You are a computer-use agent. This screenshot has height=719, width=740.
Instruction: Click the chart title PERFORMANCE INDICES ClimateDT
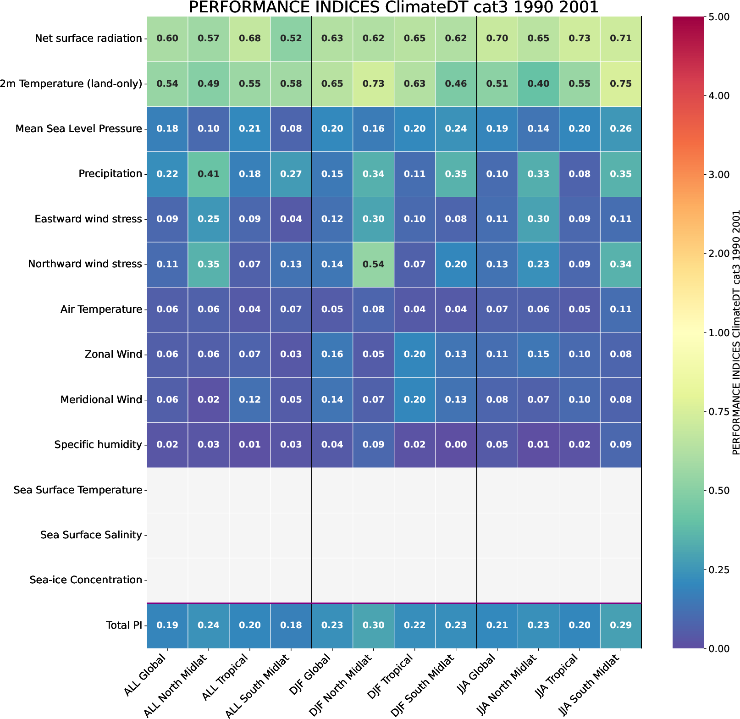[x=393, y=7]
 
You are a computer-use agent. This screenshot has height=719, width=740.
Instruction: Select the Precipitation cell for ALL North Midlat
[x=208, y=174]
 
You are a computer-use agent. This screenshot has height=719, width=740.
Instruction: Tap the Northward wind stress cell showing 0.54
[x=373, y=264]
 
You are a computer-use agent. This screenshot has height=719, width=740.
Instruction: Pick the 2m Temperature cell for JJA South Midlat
[x=621, y=84]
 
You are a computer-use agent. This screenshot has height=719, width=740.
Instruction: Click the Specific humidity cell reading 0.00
[x=456, y=445]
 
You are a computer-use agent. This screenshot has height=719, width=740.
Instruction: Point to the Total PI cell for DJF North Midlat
[x=373, y=625]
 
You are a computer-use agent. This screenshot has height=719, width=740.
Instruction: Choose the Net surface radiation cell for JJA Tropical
[x=580, y=39]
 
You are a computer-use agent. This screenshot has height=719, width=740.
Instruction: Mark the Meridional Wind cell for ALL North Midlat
[x=208, y=399]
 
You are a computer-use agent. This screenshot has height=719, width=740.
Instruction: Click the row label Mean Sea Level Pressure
[x=78, y=129]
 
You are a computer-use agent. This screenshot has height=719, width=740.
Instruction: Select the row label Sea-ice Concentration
[x=86, y=580]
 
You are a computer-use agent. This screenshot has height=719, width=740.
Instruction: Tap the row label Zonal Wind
[x=113, y=354]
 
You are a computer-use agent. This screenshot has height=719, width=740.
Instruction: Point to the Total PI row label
[x=124, y=625]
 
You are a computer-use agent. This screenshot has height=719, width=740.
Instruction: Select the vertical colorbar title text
[x=736, y=333]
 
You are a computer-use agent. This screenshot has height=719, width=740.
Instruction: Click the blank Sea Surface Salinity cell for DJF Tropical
[x=414, y=535]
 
